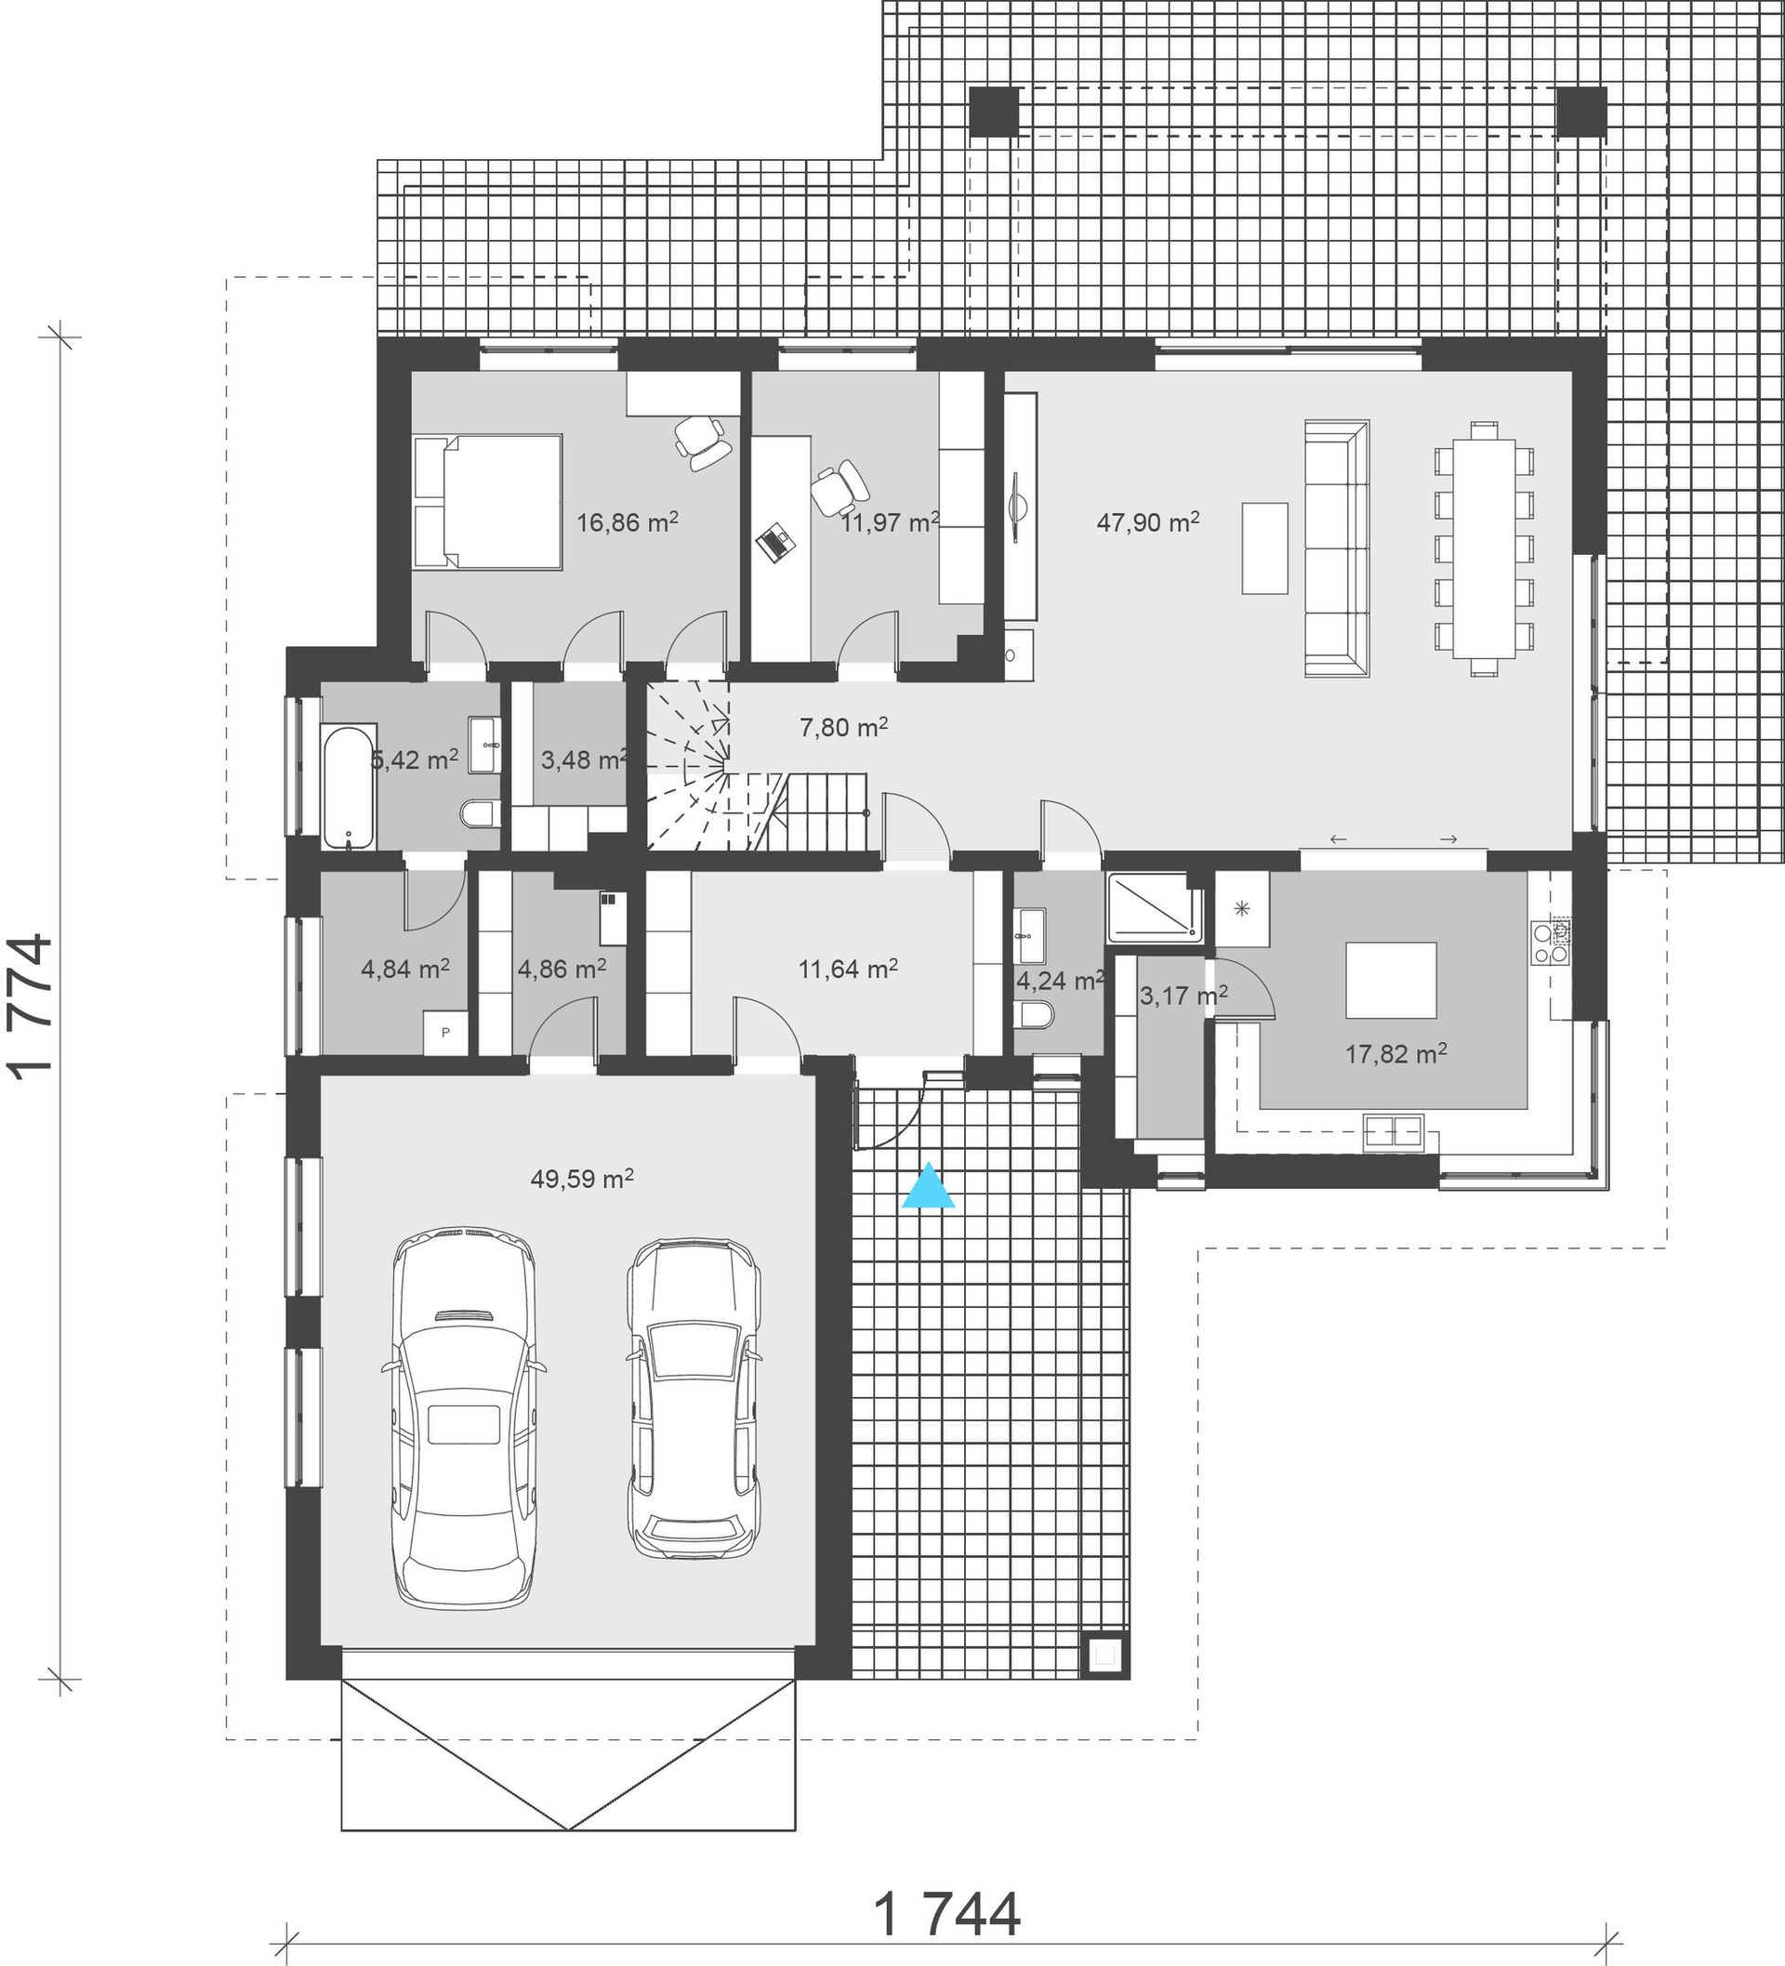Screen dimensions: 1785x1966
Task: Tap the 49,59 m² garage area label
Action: [x=582, y=1179]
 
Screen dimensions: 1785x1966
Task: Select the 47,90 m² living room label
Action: [x=1148, y=521]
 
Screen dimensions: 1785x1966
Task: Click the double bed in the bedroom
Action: [x=488, y=501]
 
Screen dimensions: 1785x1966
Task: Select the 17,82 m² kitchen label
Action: [x=1395, y=1053]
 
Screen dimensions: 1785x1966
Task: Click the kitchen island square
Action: [x=1391, y=980]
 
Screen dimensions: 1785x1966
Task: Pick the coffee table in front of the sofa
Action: [x=1264, y=548]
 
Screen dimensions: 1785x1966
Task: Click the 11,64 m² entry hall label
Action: [x=848, y=969]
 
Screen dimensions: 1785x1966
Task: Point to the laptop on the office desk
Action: [x=777, y=542]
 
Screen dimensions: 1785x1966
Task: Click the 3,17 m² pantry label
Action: [x=1183, y=996]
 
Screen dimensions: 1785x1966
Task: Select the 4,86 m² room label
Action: [x=562, y=969]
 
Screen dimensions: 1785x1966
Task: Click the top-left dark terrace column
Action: [x=994, y=111]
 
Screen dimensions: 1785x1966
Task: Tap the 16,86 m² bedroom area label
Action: [x=628, y=521]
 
